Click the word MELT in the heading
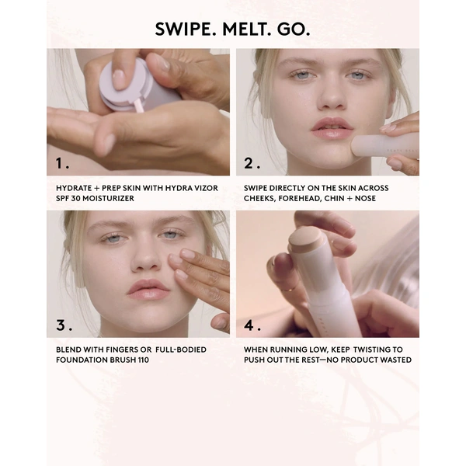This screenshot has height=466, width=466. coord(245,30)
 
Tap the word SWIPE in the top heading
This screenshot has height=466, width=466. coord(186,30)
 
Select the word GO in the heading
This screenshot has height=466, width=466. coord(294,30)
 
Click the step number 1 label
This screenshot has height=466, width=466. coord(62,163)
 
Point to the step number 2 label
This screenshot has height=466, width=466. coord(252,163)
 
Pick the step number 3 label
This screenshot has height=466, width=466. coord(64,325)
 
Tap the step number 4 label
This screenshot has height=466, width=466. coord(252,325)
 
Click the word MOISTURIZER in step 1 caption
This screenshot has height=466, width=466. coord(108,198)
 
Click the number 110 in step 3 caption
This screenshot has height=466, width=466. coord(144,360)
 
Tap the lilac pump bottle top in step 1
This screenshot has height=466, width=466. coord(124,84)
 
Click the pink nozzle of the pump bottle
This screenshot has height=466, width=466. coord(138,106)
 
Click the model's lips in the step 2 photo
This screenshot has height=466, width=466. coord(332,127)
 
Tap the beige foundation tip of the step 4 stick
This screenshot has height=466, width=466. coord(305,239)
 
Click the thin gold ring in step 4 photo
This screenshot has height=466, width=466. coord(287,288)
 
